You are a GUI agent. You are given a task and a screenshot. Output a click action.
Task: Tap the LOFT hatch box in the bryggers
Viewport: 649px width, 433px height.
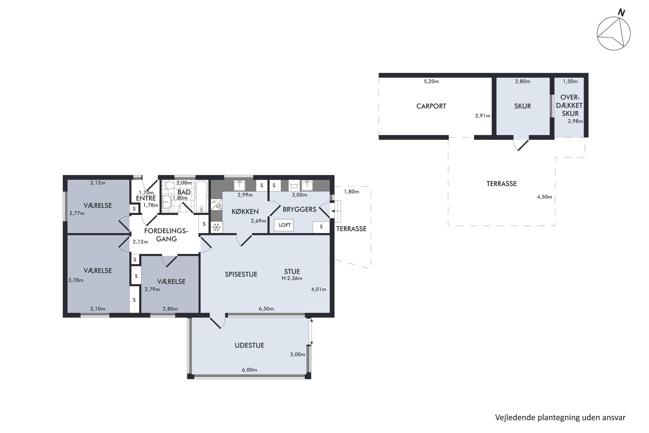(x=284, y=225)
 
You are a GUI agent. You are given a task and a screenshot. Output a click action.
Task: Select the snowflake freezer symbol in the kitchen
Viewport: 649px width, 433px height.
(x=217, y=228)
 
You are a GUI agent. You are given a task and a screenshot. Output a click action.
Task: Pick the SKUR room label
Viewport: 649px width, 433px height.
(x=523, y=106)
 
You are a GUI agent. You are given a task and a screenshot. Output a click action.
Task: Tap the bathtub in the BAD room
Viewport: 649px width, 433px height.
(x=201, y=197)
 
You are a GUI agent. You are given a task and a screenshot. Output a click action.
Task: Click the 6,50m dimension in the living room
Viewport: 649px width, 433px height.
(x=266, y=309)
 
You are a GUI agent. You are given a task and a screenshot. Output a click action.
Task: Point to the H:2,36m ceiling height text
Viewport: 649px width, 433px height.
(x=292, y=278)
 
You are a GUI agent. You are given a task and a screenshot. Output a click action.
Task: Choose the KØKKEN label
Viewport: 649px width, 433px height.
(x=245, y=212)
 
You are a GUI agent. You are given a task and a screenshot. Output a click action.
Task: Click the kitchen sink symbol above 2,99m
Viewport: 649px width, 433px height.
(x=239, y=185)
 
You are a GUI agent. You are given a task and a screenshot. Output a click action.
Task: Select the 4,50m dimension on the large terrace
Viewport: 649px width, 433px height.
(x=545, y=197)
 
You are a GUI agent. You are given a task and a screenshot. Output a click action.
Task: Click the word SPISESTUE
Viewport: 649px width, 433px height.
(x=241, y=274)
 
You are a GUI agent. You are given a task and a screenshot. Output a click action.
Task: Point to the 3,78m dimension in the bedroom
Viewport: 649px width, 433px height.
(x=76, y=280)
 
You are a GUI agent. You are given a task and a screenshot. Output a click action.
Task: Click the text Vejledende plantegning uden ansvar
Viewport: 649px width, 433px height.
(x=560, y=418)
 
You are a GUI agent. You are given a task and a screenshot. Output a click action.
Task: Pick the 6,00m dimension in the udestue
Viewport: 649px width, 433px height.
(x=249, y=370)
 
